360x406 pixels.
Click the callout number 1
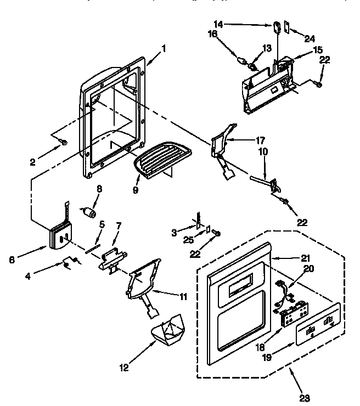(163, 49)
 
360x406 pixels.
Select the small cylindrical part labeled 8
(89, 211)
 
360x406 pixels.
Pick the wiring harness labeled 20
(283, 291)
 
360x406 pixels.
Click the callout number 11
(182, 297)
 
